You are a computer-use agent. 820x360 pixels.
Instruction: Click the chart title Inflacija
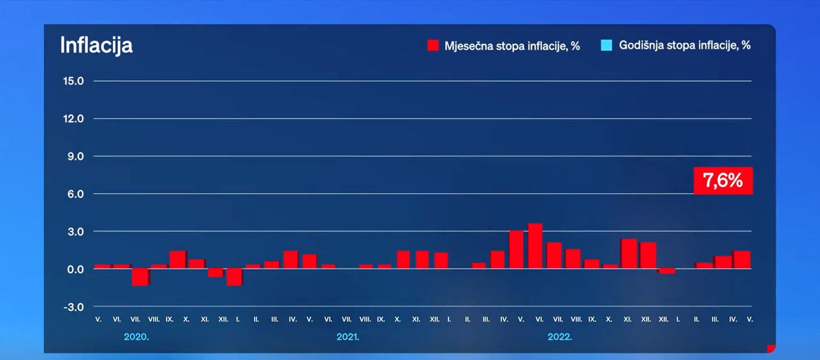coord(96,45)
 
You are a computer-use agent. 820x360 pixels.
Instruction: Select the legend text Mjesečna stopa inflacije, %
coord(512,46)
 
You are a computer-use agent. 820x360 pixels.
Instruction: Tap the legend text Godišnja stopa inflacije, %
coord(685,45)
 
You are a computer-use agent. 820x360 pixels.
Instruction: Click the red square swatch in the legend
coord(433,45)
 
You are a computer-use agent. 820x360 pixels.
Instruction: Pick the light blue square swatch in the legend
coord(606,45)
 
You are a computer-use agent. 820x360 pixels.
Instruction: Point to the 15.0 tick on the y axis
coord(74,81)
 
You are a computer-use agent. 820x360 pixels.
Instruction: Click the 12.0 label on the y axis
coord(74,119)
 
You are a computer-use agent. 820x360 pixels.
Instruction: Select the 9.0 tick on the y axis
coord(75,156)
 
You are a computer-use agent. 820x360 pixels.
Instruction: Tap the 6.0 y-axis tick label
coord(75,194)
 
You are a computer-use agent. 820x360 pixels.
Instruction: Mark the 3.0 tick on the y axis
coord(75,232)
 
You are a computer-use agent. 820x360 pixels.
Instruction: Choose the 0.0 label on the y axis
coord(75,269)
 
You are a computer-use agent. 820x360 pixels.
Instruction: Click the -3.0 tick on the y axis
coord(74,307)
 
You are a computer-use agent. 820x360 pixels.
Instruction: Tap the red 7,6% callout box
coord(723,181)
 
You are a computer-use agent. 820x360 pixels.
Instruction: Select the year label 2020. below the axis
coord(136,337)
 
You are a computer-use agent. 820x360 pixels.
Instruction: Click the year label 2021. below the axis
coord(348,337)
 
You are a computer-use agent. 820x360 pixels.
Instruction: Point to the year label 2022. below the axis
coord(559,337)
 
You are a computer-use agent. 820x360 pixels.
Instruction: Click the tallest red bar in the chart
coord(535,246)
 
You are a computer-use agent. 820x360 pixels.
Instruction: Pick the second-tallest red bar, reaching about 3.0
coord(516,249)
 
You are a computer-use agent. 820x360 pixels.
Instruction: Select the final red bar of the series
coord(742,260)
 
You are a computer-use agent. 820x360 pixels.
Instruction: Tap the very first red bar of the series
coord(101,266)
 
